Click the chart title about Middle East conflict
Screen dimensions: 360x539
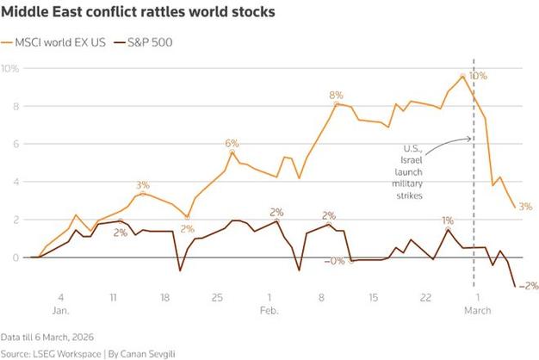[x=139, y=13]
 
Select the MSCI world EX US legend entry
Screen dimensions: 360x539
[x=59, y=41]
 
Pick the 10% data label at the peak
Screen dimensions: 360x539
[x=478, y=76]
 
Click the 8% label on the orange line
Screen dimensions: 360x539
[x=336, y=95]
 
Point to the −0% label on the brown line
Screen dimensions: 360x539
[x=334, y=261]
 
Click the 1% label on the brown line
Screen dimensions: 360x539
[x=448, y=221]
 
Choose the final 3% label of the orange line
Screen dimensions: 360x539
[x=525, y=207]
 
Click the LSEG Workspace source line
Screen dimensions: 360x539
[x=85, y=353]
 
